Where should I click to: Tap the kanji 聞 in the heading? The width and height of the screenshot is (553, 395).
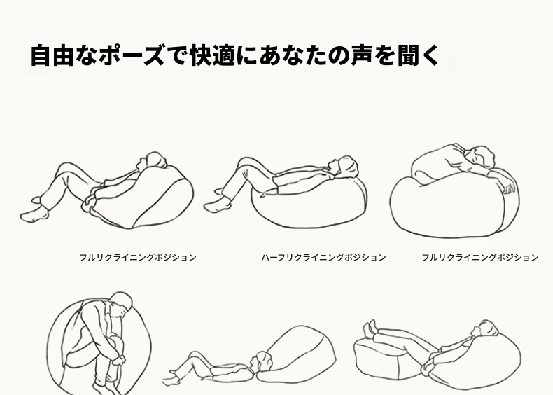click(408, 55)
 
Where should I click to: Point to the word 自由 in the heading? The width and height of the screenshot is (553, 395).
click(52, 55)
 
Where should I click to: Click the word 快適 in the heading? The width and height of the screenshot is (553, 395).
click(212, 55)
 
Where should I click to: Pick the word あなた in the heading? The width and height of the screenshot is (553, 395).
click(293, 55)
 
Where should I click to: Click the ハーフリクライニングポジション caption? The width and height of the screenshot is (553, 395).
click(324, 257)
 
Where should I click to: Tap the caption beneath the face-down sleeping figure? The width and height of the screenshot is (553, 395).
click(480, 257)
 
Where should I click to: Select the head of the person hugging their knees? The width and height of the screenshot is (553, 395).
click(121, 305)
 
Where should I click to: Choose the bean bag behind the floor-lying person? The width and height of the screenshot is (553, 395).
click(295, 355)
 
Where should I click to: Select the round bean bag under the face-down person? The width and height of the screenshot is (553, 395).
click(454, 203)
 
